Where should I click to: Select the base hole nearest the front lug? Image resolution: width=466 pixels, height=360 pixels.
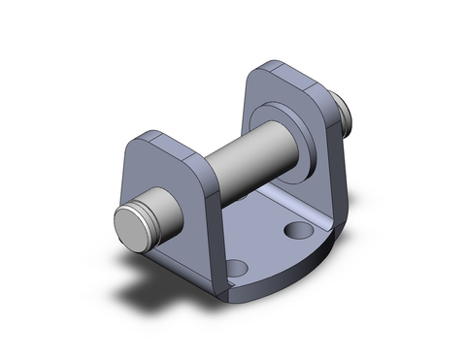pyautogui.click(x=238, y=266)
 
